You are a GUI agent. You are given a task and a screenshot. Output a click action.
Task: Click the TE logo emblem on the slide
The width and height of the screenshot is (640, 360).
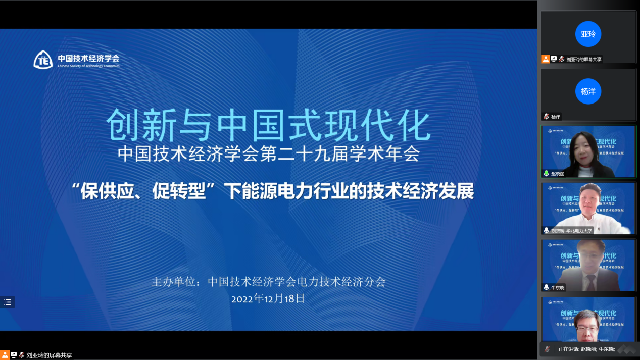[x=43, y=60]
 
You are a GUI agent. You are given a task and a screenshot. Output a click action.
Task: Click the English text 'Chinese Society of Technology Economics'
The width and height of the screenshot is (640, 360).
[x=88, y=66]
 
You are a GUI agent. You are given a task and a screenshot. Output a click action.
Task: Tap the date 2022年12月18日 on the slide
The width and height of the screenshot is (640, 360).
[x=268, y=298]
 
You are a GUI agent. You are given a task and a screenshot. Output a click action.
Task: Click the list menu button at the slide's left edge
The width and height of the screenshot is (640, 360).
[x=8, y=302]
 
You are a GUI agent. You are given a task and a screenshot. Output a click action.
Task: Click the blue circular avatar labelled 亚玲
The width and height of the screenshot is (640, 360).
[x=588, y=34]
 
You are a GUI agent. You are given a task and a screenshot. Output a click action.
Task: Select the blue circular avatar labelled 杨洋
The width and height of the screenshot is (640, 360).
[x=588, y=91]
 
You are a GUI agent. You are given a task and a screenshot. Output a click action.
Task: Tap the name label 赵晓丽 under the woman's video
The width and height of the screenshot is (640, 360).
[x=558, y=174]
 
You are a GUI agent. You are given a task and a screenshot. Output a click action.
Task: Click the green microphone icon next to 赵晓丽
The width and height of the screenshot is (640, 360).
[x=546, y=173]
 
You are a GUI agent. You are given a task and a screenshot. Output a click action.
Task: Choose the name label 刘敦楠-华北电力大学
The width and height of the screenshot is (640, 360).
[x=571, y=231]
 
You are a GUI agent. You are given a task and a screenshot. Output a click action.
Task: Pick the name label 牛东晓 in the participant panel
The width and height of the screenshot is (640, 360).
[x=558, y=288]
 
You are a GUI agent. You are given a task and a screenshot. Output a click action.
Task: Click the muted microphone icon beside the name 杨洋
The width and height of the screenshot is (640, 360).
[x=546, y=117]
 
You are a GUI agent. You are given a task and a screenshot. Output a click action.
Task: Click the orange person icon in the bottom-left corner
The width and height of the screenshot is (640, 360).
[x=5, y=355]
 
